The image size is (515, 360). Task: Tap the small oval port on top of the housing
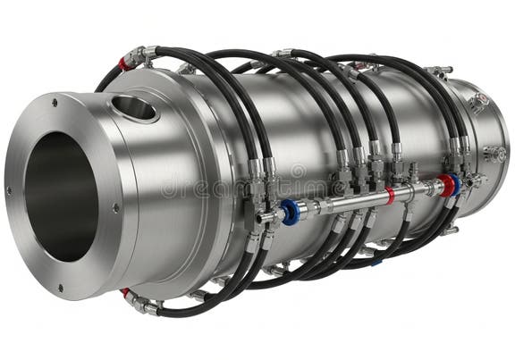[135, 108]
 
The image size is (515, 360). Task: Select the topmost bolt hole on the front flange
[54, 103]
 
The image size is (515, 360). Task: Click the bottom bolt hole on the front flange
[61, 288]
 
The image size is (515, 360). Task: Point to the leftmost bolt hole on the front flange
[9, 190]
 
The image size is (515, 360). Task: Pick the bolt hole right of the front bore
[115, 208]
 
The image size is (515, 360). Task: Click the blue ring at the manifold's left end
[289, 211]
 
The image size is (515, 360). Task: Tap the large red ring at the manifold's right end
[444, 185]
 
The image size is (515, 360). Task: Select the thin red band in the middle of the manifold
[390, 195]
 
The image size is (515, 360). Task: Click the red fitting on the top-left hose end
[124, 64]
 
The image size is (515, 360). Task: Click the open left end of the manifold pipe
[261, 217]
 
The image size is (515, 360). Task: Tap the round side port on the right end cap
[490, 153]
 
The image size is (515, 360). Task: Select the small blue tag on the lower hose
[376, 262]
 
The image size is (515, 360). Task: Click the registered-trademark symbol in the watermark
[298, 170]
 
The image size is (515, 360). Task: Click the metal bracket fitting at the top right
[437, 72]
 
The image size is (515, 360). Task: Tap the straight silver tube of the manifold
[358, 200]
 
